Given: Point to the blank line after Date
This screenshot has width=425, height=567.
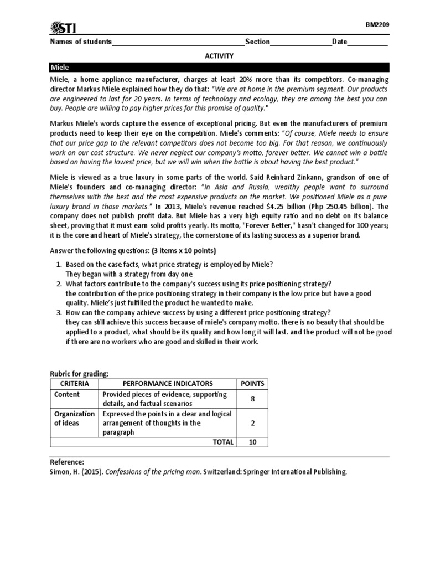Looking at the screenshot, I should [x=367, y=43].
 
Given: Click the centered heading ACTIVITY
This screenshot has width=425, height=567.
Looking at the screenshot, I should [x=220, y=56].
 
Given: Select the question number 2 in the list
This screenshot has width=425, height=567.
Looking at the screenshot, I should [x=60, y=283].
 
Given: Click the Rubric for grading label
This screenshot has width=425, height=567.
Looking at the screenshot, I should [x=79, y=374].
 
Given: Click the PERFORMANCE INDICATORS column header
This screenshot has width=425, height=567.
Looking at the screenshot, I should [x=168, y=383].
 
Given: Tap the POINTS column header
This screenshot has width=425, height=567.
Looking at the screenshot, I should [x=252, y=383].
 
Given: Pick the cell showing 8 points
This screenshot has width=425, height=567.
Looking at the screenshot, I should [x=252, y=399].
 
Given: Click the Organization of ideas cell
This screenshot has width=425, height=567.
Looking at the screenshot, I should [x=74, y=419].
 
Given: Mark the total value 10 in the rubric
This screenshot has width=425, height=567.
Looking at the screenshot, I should [x=252, y=442].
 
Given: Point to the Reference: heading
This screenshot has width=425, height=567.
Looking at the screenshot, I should [x=67, y=462].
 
